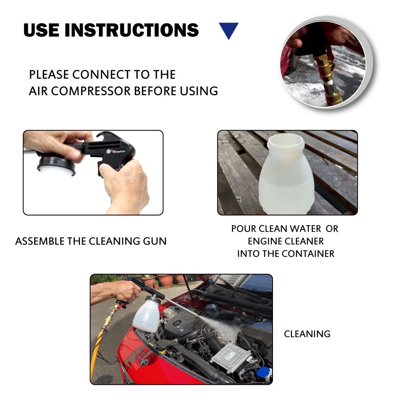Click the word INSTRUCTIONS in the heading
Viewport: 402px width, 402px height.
pos(131,30)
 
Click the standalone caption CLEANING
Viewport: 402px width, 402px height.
pos(307,334)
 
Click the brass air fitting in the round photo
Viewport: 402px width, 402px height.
pos(328,77)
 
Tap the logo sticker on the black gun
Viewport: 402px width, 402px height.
pos(116,151)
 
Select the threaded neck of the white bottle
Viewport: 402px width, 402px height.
pos(285,143)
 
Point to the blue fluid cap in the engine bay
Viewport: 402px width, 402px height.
pos(263,372)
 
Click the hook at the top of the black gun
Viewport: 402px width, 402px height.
pos(106,135)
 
